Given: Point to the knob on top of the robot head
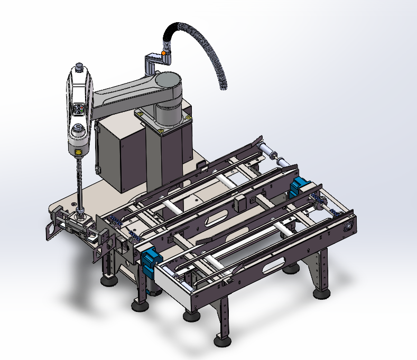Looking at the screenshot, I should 79,67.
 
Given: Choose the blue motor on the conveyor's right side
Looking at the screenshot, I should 298,187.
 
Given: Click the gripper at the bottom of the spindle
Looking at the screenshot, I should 79,222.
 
